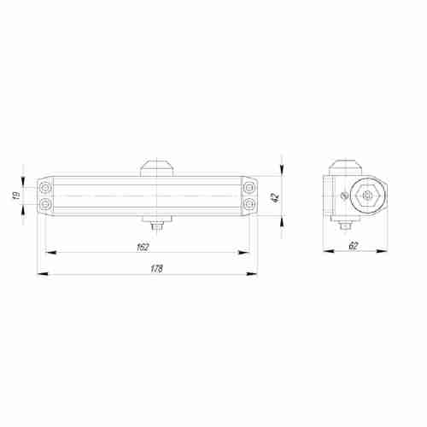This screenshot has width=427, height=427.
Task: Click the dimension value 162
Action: [143, 247]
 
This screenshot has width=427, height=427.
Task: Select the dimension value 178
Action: [155, 268]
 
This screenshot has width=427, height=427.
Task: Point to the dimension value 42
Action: [273, 196]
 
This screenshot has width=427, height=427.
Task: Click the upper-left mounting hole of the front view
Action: [44, 187]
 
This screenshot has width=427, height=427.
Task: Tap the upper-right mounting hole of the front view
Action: [248, 187]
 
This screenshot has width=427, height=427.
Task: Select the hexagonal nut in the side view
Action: [366, 196]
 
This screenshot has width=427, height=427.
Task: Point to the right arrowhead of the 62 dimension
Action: [386, 253]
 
